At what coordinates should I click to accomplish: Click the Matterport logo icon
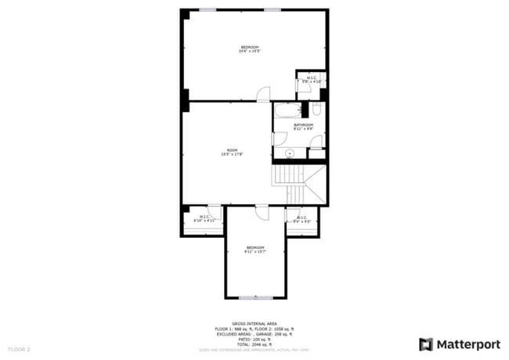click(426, 344)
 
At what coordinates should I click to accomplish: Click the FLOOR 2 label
click(19, 348)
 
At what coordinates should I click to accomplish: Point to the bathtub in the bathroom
click(287, 110)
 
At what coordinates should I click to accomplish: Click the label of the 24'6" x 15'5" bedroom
click(250, 49)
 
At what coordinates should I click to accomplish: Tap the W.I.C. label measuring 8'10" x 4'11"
click(204, 219)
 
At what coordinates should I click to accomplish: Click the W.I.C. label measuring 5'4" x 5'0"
click(301, 219)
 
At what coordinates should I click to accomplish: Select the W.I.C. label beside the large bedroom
click(312, 79)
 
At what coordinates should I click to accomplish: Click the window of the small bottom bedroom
click(255, 297)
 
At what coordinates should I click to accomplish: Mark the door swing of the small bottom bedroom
click(262, 211)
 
